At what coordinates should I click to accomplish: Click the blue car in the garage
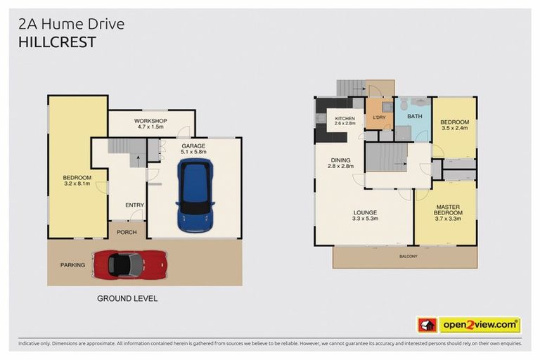coord(195,195)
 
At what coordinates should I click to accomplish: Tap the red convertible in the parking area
coord(129,264)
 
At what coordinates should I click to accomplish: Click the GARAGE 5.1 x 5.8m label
coord(194,148)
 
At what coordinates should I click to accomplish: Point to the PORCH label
coord(127,231)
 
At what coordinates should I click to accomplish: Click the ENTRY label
coord(134,205)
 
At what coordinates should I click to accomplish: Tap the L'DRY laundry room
coord(380,117)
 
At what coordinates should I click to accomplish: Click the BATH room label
coord(414,117)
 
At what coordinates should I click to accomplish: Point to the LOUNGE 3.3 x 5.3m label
coord(366,215)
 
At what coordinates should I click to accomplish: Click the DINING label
coord(341,163)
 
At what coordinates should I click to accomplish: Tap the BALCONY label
coord(407,257)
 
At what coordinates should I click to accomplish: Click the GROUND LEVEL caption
coord(127,298)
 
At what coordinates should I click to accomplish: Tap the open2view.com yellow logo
coord(480,325)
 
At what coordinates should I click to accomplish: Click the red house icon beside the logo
coord(427,325)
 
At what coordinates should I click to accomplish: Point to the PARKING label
coord(72,265)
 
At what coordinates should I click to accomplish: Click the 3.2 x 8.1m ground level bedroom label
coord(77,181)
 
